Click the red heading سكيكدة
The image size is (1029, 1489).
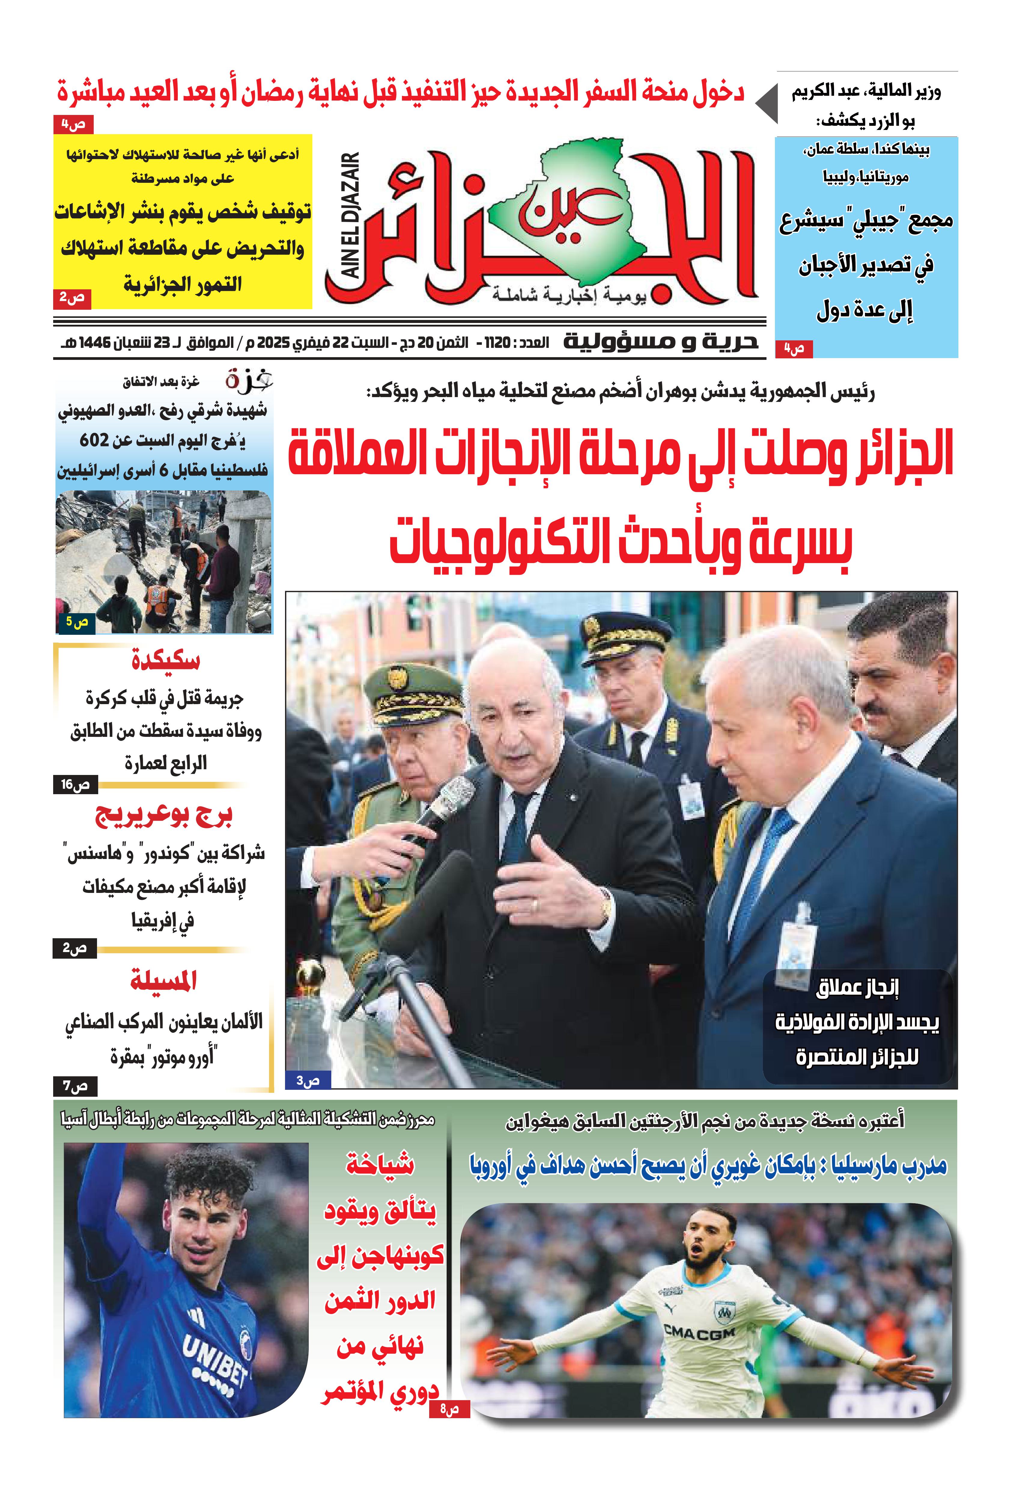(166, 660)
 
